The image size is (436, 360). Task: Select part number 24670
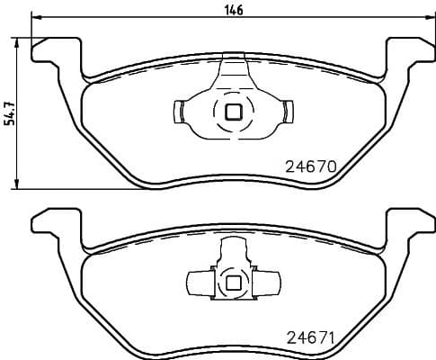(x=310, y=166)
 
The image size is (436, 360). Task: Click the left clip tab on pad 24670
(x=178, y=112)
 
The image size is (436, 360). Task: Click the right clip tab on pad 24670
(x=289, y=112)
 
